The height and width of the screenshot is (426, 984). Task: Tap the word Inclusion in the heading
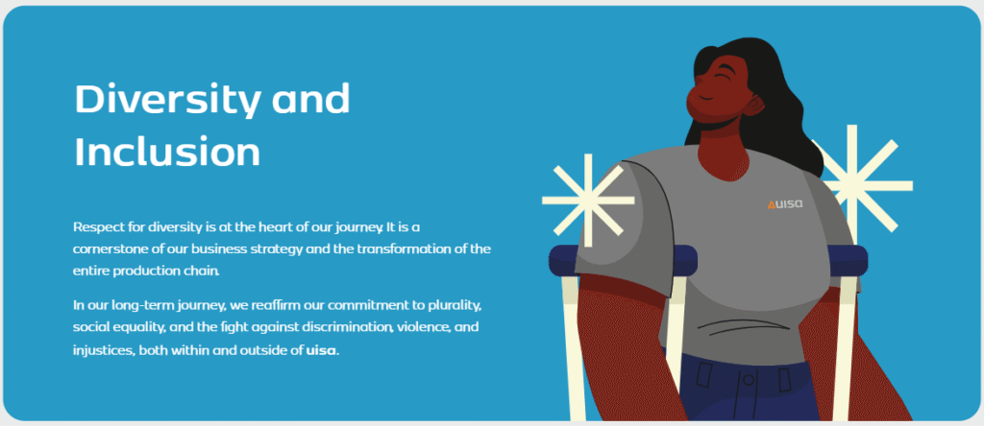pyautogui.click(x=167, y=152)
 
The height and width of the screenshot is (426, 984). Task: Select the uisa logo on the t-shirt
pyautogui.click(x=784, y=204)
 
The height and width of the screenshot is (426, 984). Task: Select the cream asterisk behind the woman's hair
pyautogui.click(x=861, y=181)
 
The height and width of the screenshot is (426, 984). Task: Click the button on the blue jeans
pyautogui.click(x=748, y=380)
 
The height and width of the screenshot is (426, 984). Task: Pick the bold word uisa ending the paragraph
pyautogui.click(x=321, y=350)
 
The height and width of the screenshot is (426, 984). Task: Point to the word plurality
pyautogui.click(x=455, y=306)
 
